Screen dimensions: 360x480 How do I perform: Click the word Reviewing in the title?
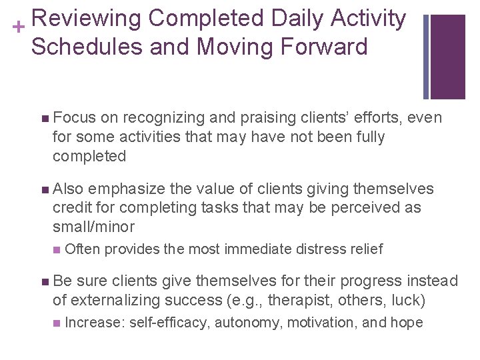(x=85, y=19)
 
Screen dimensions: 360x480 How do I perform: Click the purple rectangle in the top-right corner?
(x=447, y=56)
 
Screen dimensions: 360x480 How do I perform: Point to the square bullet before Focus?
(x=44, y=118)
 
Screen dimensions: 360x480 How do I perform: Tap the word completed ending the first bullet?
(x=89, y=156)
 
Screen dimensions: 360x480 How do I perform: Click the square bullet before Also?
(x=44, y=189)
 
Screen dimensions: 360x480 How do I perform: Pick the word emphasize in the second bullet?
(x=129, y=189)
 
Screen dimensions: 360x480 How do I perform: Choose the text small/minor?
(x=94, y=227)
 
